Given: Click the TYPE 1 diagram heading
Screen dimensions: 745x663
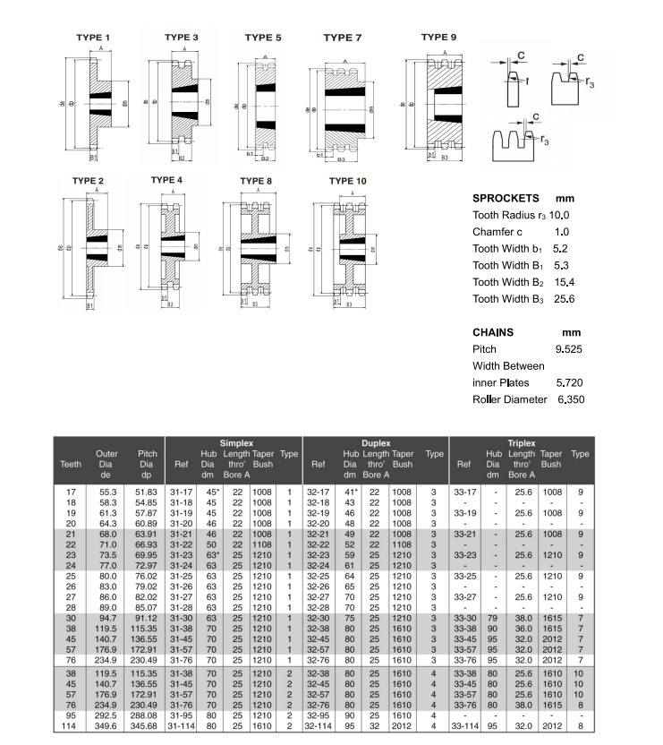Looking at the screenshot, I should coord(92,37).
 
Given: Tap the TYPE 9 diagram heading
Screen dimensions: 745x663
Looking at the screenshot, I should coord(438,37).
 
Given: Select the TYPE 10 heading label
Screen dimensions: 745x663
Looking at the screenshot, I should coord(347,181).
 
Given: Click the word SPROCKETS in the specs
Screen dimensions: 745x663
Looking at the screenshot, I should coord(506,198).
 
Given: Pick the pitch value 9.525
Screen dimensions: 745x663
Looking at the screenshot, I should coord(569,348).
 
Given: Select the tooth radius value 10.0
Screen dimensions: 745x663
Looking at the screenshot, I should coord(559,215).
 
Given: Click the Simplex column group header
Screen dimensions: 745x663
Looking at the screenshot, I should coord(236,442).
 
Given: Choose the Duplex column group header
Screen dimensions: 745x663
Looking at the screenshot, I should coord(376,442).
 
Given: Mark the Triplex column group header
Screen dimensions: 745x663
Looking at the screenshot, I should coord(522,442).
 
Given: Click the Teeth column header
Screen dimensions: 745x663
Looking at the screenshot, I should coord(70,464).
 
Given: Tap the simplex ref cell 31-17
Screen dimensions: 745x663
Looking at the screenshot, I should coord(183,492).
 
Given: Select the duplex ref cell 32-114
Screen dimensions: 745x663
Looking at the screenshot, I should coord(318,726).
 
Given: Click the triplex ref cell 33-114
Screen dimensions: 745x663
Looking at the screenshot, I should coord(463,726).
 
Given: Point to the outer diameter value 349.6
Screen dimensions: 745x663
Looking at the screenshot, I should coord(106,726).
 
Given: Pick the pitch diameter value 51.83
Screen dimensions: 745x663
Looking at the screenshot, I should coord(147,492).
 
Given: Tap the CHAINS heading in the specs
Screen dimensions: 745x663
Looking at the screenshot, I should coord(493,332).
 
